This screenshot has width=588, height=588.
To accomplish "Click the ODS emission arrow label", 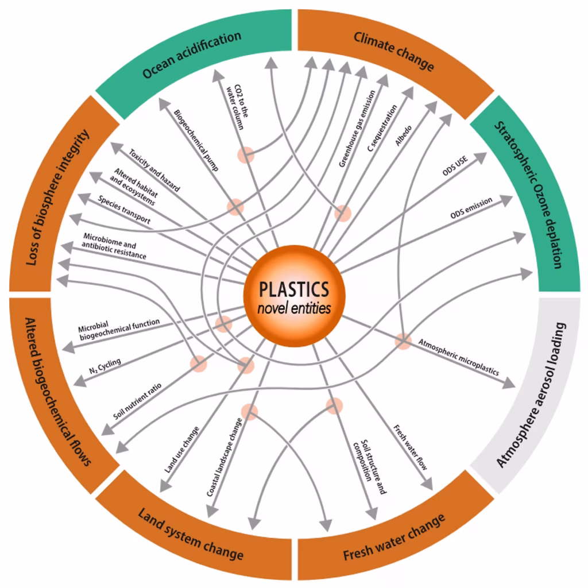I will [x=471, y=208].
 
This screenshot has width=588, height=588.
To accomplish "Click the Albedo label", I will [x=403, y=133].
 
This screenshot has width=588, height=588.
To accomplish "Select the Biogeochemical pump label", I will [x=195, y=141].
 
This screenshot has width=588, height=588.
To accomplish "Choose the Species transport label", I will [x=124, y=210].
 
